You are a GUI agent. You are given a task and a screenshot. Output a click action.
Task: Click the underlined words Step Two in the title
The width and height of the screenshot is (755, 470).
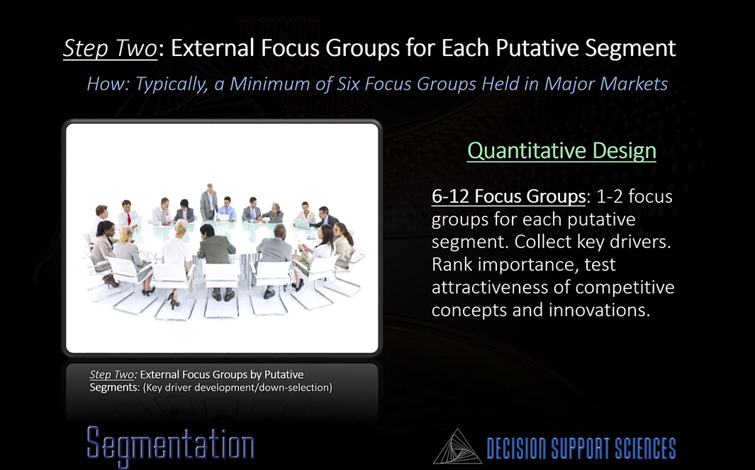point(111,48)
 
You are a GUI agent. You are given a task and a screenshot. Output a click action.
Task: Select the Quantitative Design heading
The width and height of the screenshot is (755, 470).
point(561,150)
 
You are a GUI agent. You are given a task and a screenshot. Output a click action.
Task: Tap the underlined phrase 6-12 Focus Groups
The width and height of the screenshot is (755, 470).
point(508,196)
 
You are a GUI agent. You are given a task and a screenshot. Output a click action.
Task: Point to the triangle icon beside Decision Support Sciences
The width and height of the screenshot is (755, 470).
point(457,447)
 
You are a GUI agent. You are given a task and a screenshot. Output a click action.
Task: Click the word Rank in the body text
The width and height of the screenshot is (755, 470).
point(452,264)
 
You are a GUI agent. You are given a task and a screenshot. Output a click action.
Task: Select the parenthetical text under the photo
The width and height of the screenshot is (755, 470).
point(237,387)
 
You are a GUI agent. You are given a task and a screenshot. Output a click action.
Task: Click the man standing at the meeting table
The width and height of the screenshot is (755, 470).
point(209,202)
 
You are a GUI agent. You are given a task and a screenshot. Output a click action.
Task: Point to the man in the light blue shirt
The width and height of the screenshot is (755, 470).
point(226,209)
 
